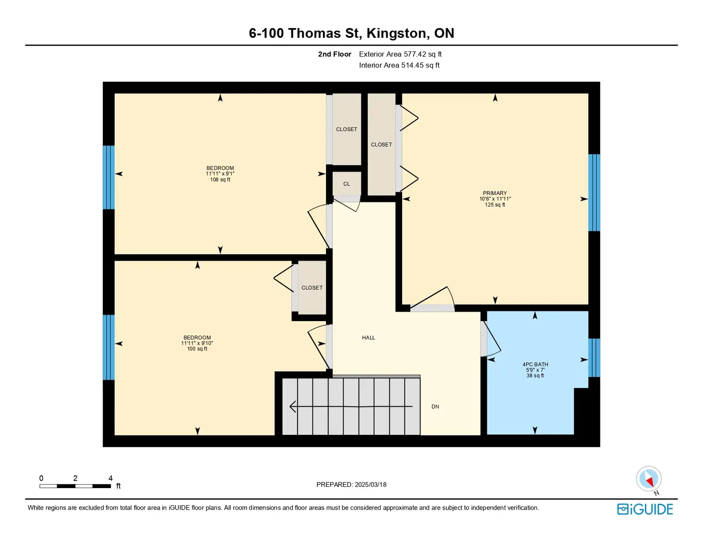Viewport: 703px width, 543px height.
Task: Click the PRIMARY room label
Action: tap(495, 193)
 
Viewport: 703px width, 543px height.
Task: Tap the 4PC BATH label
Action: tap(535, 364)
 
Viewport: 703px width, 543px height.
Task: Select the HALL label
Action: tap(368, 338)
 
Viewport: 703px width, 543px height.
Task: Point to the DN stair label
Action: tap(435, 406)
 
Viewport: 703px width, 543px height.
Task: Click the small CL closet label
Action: tap(347, 184)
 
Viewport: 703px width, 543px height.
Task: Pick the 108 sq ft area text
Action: tap(220, 180)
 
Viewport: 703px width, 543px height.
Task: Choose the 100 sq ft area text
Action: tap(197, 349)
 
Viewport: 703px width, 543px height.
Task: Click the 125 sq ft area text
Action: tap(495, 205)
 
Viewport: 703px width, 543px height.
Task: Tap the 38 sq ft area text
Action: tap(535, 376)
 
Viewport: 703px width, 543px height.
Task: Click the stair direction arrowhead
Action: tap(293, 406)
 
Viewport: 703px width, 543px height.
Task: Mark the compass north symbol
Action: tap(649, 479)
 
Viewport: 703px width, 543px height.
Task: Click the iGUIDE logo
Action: tap(645, 509)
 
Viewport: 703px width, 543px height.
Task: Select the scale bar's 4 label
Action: tap(110, 478)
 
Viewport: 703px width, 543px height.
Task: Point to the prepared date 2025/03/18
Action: tap(370, 485)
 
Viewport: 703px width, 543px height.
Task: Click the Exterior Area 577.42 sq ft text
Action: tap(400, 54)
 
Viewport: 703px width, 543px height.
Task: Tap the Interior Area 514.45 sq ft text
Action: tap(399, 65)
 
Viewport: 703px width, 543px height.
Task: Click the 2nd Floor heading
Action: tap(334, 54)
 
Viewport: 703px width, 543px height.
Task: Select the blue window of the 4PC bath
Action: tap(594, 358)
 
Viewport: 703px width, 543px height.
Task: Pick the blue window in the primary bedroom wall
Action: tap(594, 192)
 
